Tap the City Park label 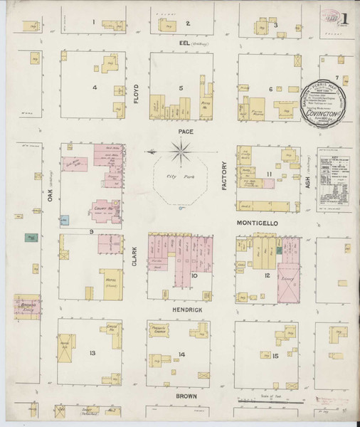175,174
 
